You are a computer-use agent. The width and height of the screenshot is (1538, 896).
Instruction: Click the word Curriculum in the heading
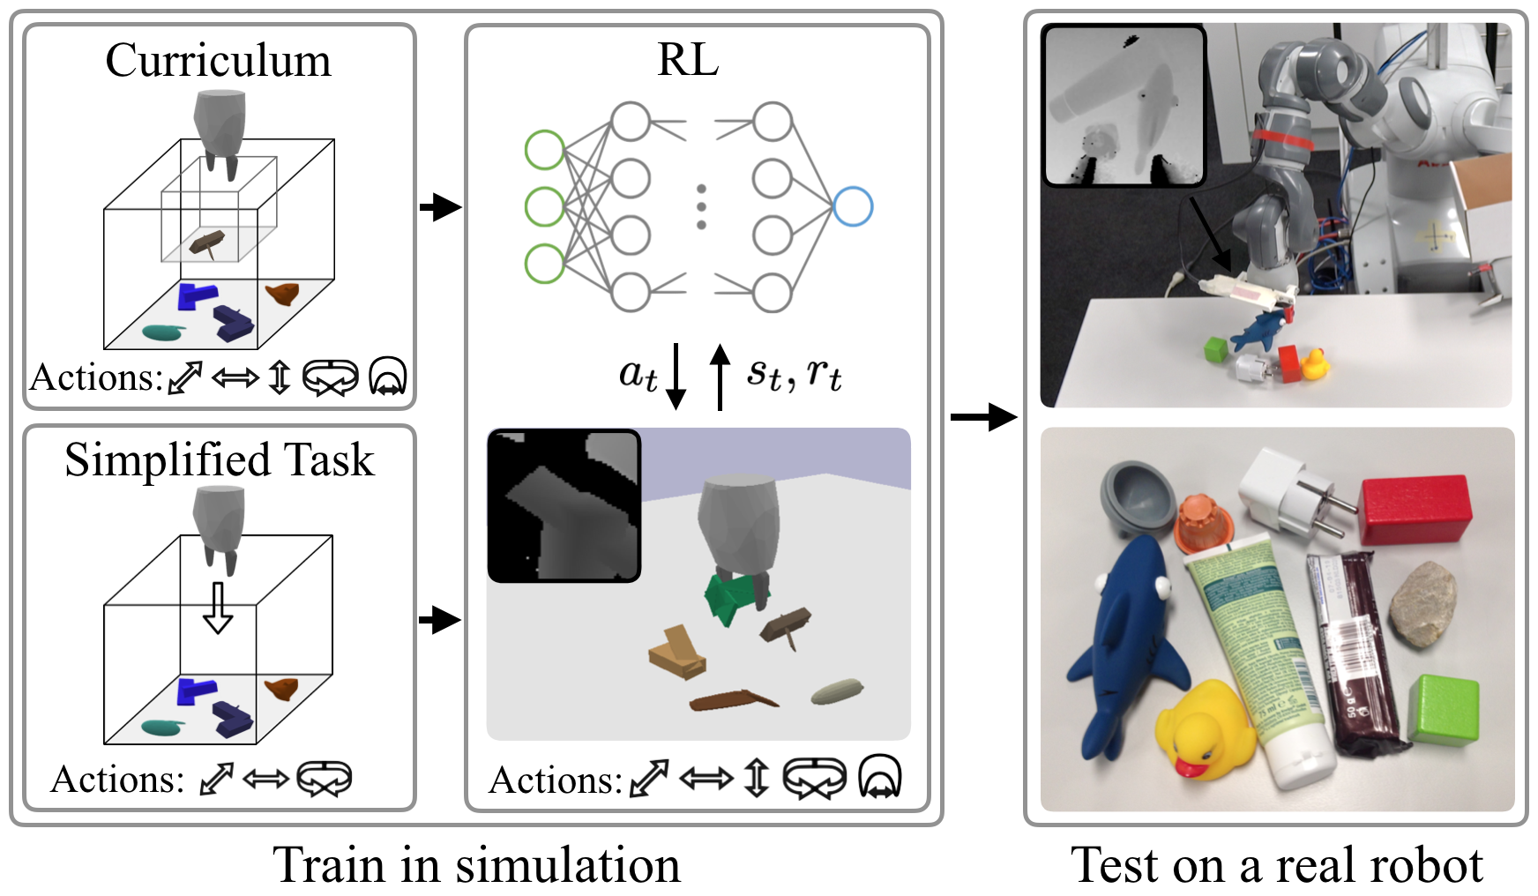point(218,62)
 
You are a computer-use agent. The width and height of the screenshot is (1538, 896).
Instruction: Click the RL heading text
point(688,61)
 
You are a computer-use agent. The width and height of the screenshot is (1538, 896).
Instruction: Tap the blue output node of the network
point(853,207)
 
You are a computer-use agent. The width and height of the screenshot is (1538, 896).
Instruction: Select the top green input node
point(544,150)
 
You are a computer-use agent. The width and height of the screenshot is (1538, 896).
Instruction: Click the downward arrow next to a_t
point(676,377)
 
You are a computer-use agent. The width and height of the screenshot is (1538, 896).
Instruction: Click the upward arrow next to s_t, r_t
point(720,377)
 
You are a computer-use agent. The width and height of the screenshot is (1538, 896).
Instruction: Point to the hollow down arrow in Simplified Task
point(218,608)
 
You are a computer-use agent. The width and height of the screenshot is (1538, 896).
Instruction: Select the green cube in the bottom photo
point(1444,709)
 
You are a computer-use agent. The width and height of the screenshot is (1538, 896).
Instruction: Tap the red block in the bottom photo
point(1416,509)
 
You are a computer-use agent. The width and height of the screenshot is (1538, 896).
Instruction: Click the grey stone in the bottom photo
point(1422,603)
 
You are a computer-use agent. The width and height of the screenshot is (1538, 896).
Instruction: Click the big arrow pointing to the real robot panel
point(983,416)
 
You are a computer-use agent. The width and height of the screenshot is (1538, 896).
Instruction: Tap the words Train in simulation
point(477,865)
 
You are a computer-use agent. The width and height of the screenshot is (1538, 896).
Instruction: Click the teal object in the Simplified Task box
point(162,728)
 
